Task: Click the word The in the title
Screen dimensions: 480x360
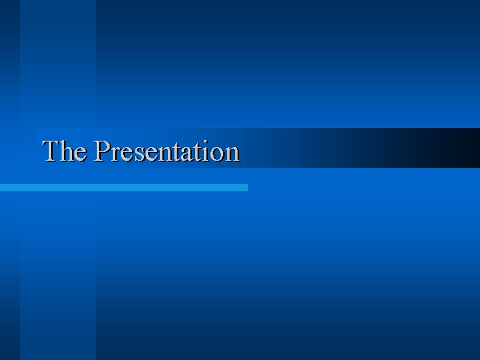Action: [x=64, y=150]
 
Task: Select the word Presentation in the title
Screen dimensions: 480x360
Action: [x=166, y=150]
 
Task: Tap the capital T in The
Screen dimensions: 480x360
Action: [x=51, y=150]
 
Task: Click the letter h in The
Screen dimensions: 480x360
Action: [x=67, y=150]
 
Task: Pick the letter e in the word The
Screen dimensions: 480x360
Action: [x=81, y=154]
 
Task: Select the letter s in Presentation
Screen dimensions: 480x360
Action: [x=139, y=154]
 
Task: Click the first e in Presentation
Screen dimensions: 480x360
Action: [x=128, y=154]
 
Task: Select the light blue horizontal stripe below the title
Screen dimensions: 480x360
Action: [x=124, y=188]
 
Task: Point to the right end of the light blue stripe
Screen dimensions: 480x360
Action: [x=248, y=188]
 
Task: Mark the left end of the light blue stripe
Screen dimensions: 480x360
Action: [x=1, y=188]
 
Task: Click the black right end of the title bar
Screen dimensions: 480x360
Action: [x=466, y=148]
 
